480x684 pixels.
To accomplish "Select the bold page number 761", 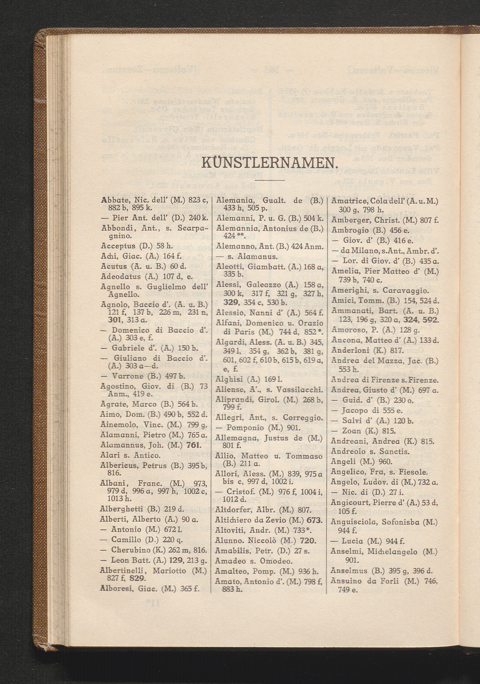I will coord(194,446).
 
